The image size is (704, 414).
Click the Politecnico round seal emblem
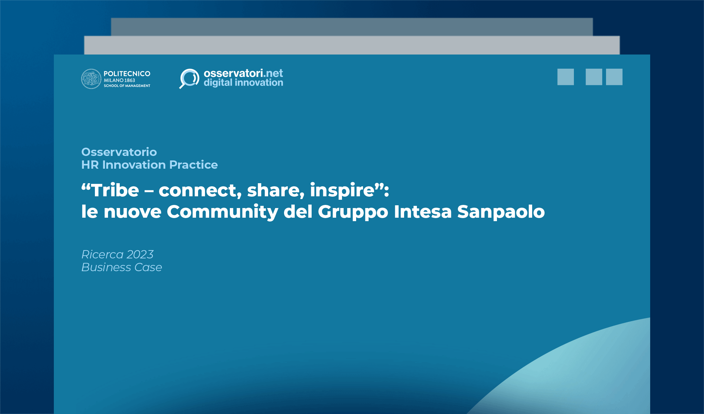[x=91, y=79]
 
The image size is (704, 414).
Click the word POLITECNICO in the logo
[x=127, y=74]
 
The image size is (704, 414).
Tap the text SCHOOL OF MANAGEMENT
[x=127, y=86]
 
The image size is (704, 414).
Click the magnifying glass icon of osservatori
[x=189, y=78]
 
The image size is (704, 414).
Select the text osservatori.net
[x=243, y=73]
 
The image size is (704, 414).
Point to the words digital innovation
[x=243, y=83]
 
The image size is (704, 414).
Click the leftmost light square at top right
[x=565, y=77]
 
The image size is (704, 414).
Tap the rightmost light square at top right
[x=614, y=77]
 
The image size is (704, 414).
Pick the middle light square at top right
[x=594, y=77]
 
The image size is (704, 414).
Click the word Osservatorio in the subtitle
[x=119, y=152]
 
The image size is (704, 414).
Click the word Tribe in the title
[x=115, y=190]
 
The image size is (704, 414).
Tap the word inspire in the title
[x=342, y=190]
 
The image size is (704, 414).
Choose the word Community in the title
[x=222, y=211]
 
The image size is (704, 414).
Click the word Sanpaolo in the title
[x=501, y=211]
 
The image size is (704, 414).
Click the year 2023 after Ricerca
[x=140, y=255]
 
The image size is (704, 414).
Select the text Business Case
[x=121, y=267]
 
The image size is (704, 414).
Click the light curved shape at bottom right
[x=587, y=376]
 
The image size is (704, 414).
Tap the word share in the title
[x=275, y=190]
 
